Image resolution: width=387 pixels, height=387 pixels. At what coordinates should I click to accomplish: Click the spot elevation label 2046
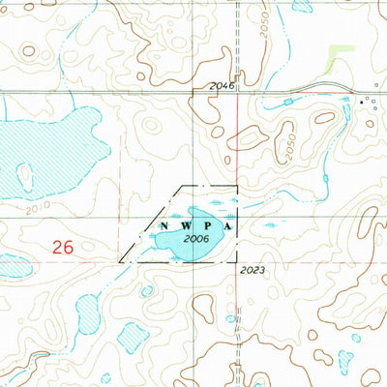222,87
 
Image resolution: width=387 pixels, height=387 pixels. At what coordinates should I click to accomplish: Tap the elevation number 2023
254,270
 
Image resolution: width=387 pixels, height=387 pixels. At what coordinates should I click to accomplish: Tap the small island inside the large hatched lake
25,174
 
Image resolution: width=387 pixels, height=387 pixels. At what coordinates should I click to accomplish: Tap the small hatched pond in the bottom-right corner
373,373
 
